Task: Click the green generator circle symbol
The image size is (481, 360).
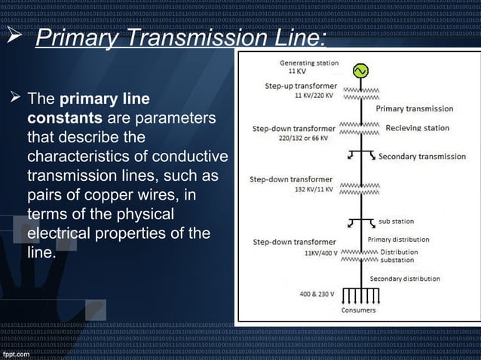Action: pos(360,71)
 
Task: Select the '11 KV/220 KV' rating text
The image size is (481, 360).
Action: pos(315,96)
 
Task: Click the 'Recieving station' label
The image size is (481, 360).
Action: pos(417,128)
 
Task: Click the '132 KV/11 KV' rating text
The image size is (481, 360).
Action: pos(314,191)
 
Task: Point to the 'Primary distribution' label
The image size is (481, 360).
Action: pos(399,239)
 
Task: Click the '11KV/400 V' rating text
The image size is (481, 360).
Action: pos(322,253)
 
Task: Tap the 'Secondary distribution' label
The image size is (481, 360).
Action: pos(405,279)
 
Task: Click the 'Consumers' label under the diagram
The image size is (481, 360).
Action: pos(360,310)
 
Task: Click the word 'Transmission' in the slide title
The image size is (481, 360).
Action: pos(190,38)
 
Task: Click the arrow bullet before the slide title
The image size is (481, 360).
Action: pos(17,39)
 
